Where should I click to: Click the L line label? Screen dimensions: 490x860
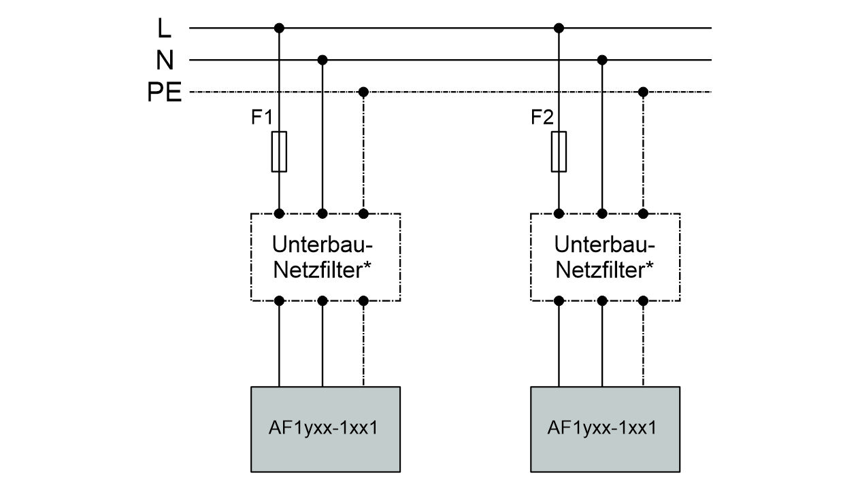tap(164, 29)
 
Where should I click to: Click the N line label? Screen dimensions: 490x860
tap(164, 60)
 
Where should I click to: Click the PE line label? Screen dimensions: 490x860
tap(165, 92)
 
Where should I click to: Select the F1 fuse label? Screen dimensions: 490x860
tap(261, 118)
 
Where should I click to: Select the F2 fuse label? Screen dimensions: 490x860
tap(542, 118)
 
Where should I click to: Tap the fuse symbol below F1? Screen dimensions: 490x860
tap(279, 152)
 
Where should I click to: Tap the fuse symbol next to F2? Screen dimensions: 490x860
tap(559, 152)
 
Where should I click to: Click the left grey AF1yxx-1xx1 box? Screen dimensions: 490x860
tap(325, 429)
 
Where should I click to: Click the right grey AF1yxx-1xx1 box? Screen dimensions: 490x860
tap(605, 429)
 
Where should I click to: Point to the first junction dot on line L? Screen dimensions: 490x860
tap(279, 28)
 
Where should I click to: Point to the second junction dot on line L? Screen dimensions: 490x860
tap(559, 28)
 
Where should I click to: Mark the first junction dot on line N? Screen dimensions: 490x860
tap(322, 60)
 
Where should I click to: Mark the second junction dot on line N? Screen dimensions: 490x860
tap(602, 60)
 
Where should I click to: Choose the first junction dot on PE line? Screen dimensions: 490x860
tap(363, 92)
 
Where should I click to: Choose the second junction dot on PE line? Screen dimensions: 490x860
tap(643, 92)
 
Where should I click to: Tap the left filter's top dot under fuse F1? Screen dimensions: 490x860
tap(279, 213)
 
